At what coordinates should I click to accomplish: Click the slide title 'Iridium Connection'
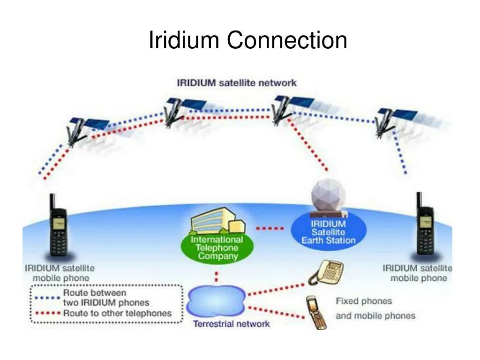click(247, 40)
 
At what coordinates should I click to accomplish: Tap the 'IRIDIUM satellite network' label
click(237, 83)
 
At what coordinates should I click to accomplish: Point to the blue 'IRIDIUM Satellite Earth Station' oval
click(328, 232)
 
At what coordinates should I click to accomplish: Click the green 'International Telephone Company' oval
click(217, 247)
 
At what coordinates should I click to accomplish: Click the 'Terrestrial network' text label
click(232, 324)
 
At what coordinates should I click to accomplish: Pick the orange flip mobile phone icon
click(316, 312)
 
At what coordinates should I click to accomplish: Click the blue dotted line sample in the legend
click(46, 297)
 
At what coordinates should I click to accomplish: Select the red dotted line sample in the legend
click(46, 313)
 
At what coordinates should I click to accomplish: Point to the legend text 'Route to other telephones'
click(117, 313)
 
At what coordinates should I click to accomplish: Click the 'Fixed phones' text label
click(364, 301)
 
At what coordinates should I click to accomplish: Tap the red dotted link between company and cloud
click(217, 276)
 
